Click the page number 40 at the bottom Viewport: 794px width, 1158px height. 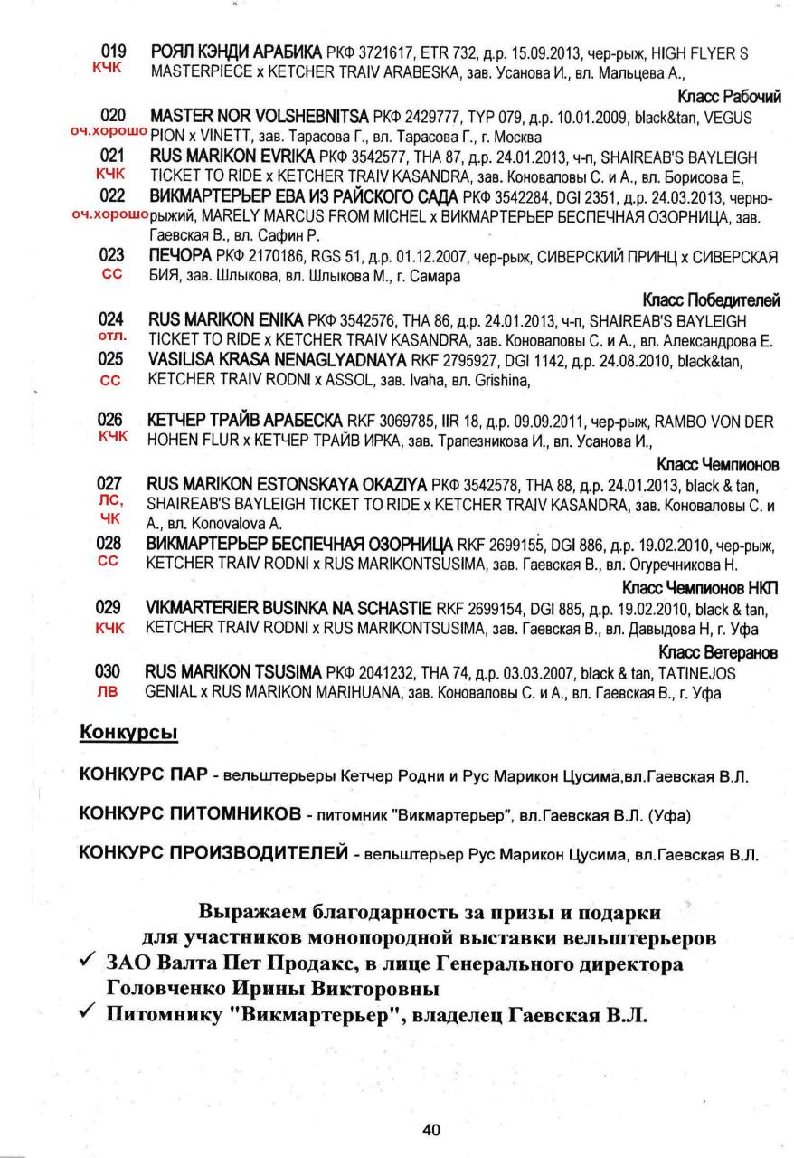click(x=431, y=1129)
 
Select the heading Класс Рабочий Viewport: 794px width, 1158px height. click(x=729, y=96)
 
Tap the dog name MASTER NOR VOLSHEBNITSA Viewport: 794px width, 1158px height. click(x=260, y=118)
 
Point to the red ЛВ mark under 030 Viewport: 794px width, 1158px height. click(x=109, y=691)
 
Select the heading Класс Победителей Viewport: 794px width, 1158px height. click(x=711, y=300)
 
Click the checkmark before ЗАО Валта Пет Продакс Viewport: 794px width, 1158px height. click(x=89, y=963)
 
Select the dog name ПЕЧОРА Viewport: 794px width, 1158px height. click(x=180, y=256)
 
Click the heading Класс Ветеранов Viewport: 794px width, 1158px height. click(x=720, y=652)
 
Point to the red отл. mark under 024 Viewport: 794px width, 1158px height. click(x=109, y=337)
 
